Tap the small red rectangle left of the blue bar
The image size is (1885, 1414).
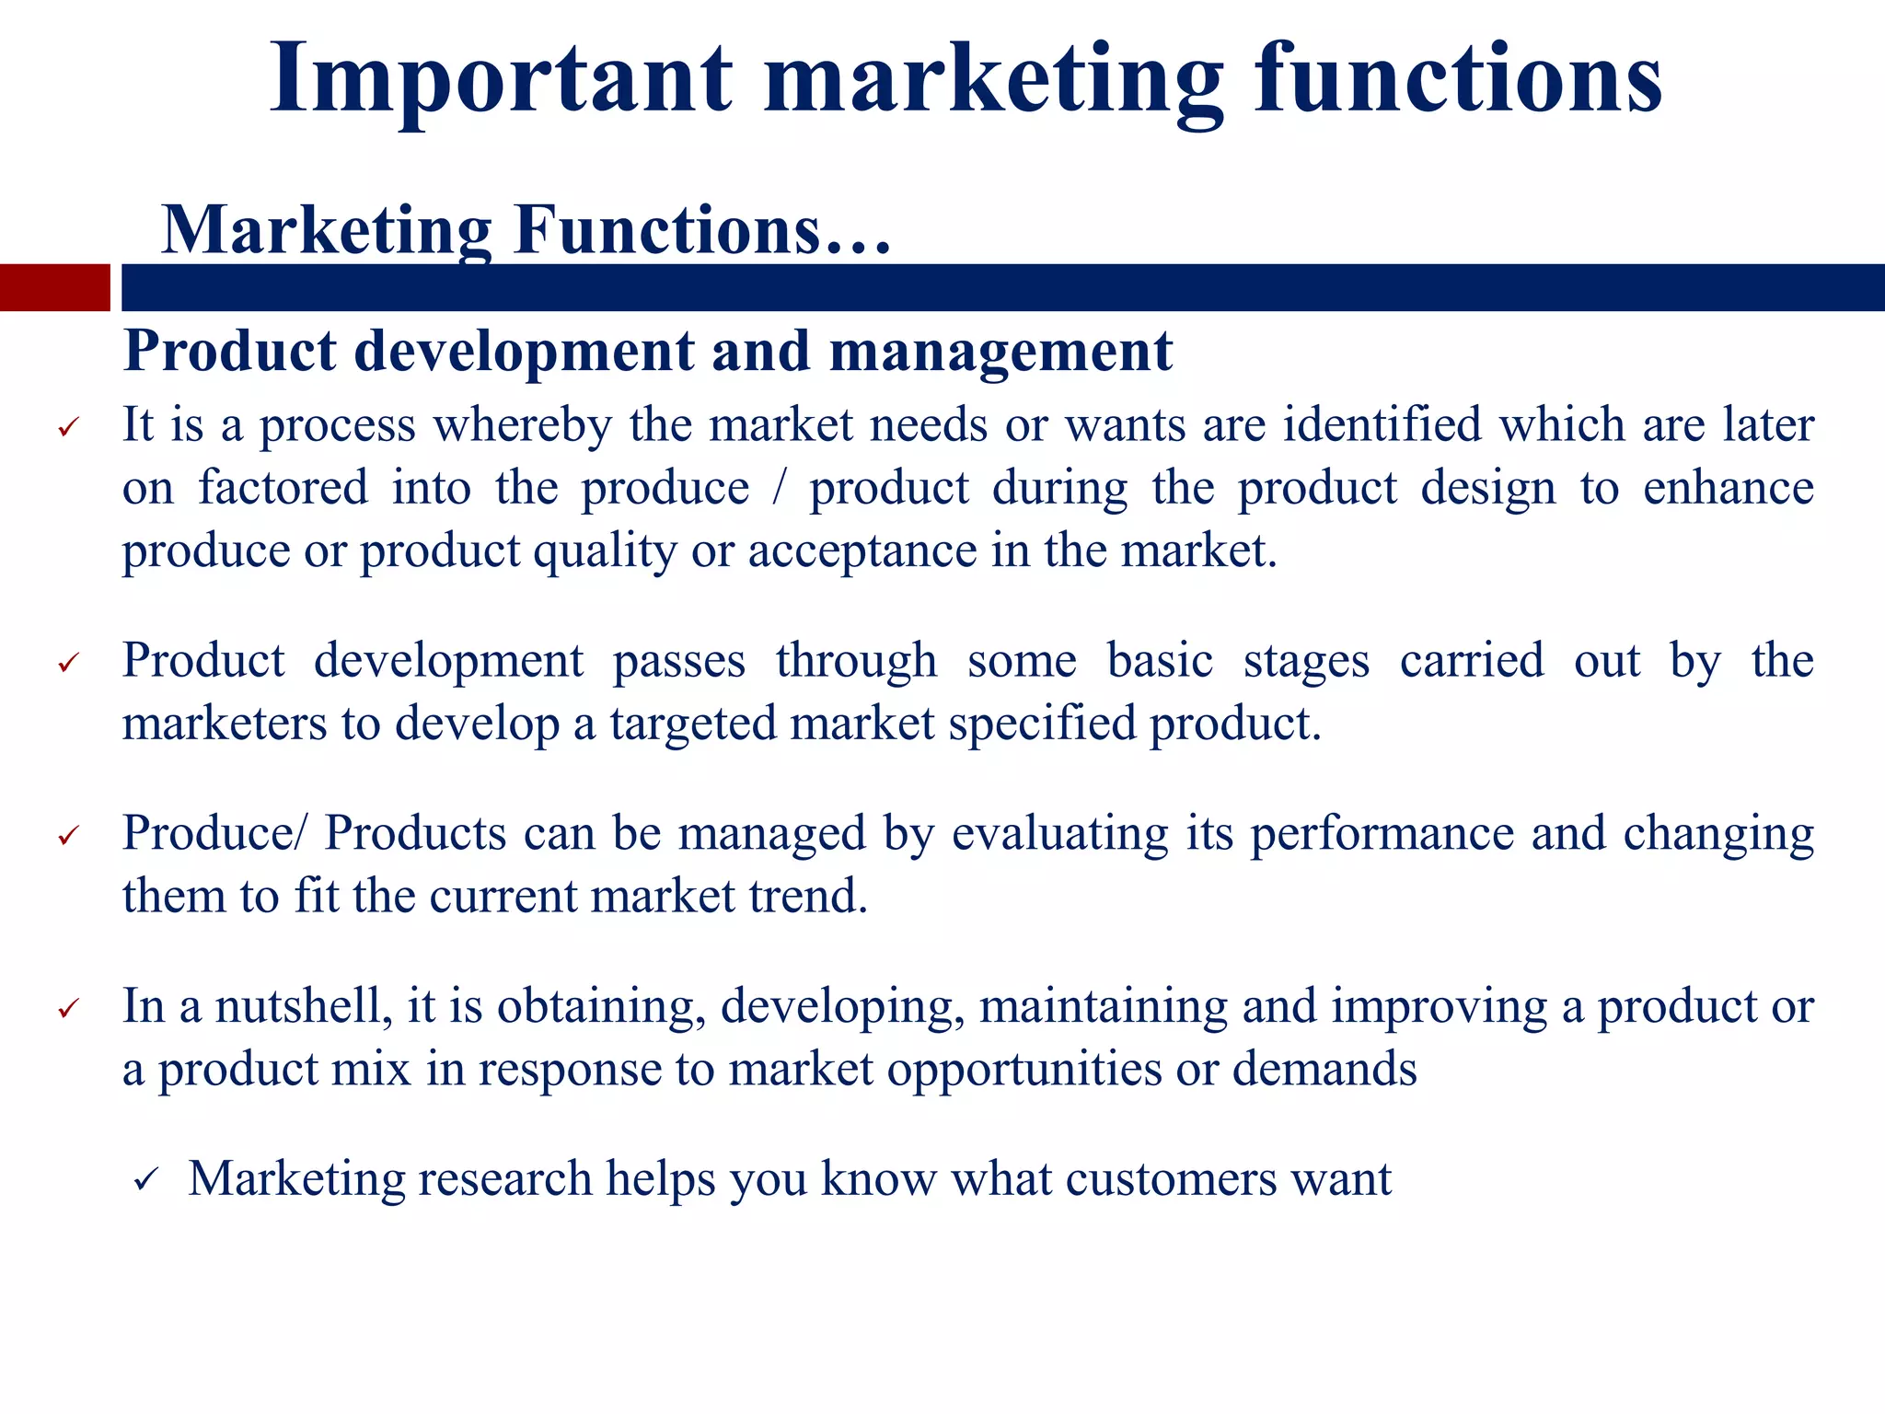pos(54,287)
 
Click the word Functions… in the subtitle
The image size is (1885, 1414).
pos(702,230)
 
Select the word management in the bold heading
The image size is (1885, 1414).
pos(1000,352)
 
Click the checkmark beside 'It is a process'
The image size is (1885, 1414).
pos(69,428)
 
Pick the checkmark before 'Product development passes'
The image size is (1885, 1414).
pos(69,664)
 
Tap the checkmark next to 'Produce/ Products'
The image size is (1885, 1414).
pos(69,836)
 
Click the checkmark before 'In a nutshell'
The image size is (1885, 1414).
pos(69,1009)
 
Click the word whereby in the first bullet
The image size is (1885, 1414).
pos(523,426)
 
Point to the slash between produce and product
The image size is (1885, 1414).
pos(780,489)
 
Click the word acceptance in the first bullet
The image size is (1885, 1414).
pos(862,551)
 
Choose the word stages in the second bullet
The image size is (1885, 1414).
pos(1306,662)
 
